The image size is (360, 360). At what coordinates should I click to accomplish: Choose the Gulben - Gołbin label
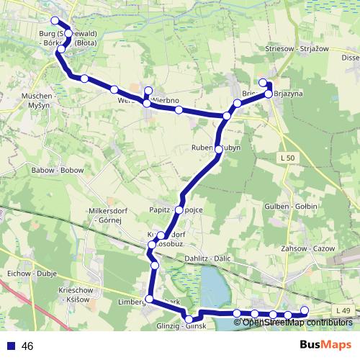pos(295,207)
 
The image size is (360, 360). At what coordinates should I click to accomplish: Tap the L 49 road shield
pos(342,310)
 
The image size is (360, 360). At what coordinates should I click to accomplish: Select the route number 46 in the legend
pos(28,346)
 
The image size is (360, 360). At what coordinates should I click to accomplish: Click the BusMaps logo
pos(325,346)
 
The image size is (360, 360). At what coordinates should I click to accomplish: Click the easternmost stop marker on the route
pos(304,310)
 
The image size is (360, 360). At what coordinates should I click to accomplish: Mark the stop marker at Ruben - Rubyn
pos(218,149)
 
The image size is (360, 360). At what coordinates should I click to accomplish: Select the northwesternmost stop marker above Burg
pos(55,20)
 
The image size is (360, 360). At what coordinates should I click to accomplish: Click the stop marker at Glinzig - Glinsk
pos(189,318)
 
